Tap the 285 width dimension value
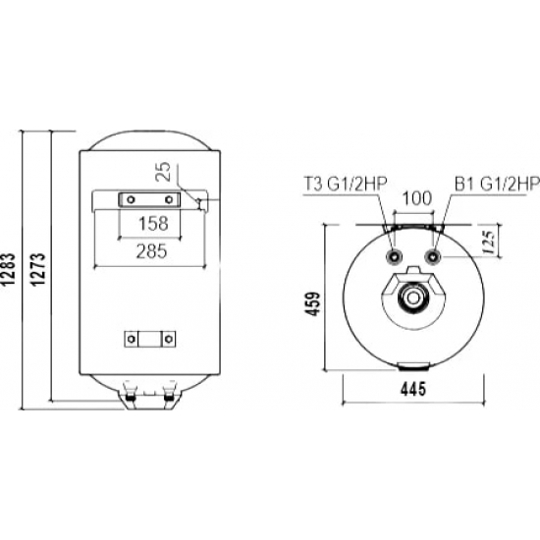(x=149, y=251)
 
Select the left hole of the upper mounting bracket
(x=128, y=200)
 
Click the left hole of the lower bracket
(x=131, y=340)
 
